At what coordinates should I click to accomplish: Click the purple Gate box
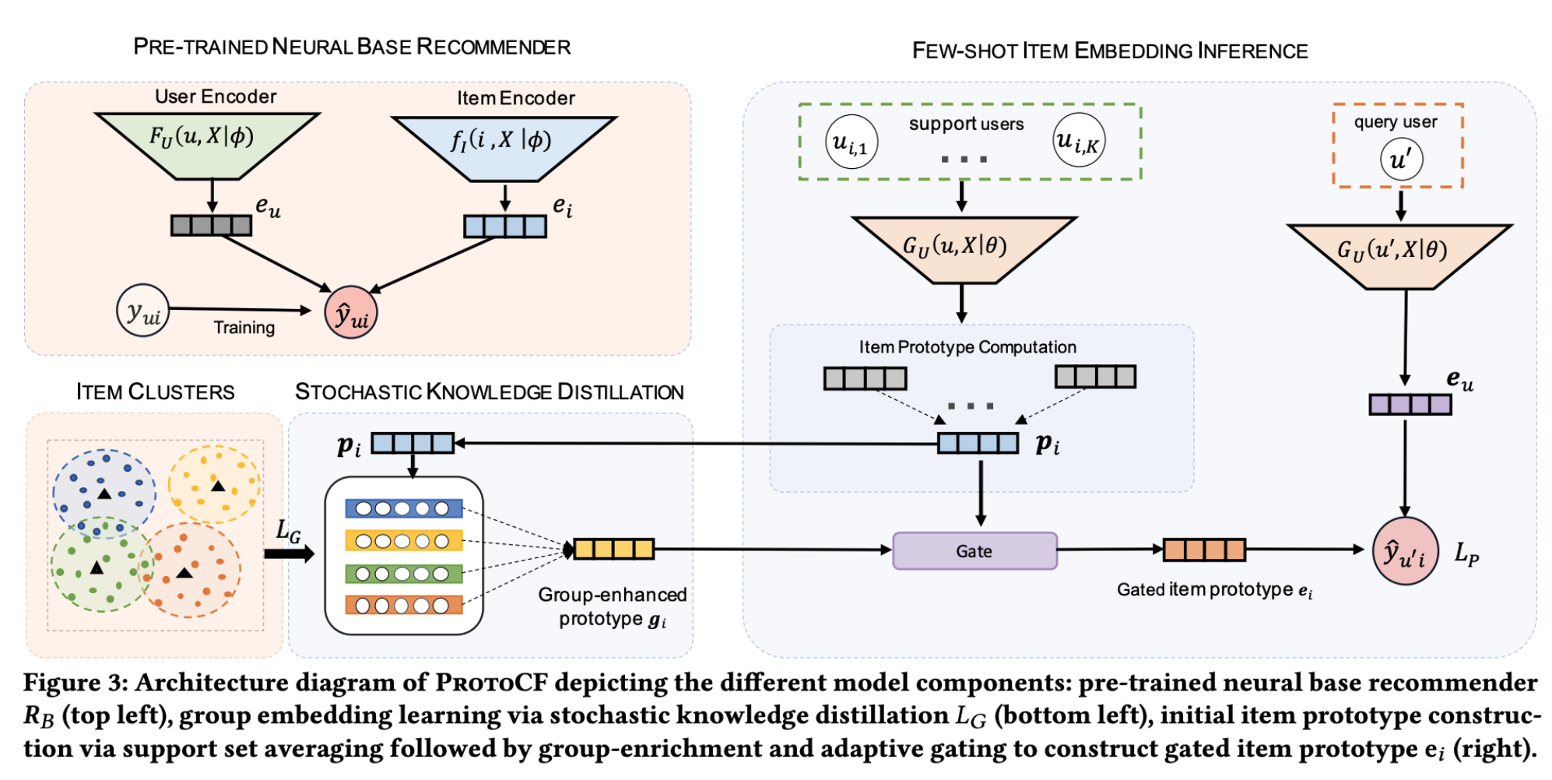click(x=974, y=551)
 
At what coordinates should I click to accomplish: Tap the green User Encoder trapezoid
click(x=206, y=142)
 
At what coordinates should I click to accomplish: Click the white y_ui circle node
click(x=142, y=311)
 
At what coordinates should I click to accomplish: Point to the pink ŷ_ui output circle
click(x=351, y=313)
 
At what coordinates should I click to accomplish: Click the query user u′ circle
click(x=1401, y=159)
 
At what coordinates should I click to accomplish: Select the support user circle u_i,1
click(x=851, y=142)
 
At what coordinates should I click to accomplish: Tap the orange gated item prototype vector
click(x=1204, y=550)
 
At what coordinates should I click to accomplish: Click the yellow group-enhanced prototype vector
click(x=613, y=549)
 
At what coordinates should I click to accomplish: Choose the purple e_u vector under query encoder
click(x=1410, y=405)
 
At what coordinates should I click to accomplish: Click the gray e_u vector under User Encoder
click(x=211, y=225)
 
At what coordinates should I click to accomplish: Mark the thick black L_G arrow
click(x=289, y=553)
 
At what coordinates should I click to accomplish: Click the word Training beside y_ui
click(x=244, y=328)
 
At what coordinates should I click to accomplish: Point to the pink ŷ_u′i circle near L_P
click(x=1405, y=551)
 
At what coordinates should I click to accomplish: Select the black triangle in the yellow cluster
click(x=218, y=487)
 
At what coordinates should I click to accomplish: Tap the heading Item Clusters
click(x=155, y=392)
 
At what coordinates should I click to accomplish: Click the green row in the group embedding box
click(x=403, y=574)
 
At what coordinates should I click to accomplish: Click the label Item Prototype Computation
click(x=967, y=347)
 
